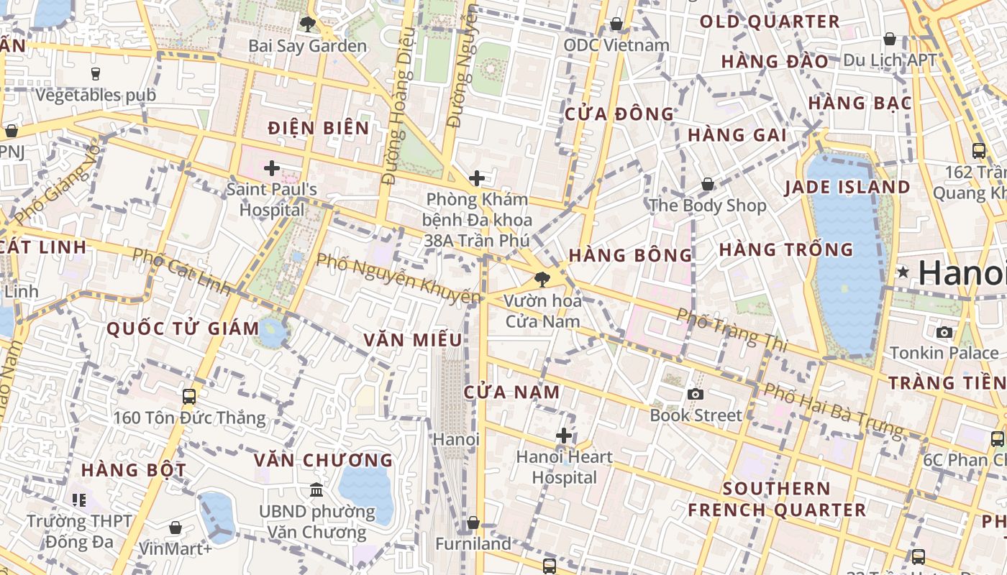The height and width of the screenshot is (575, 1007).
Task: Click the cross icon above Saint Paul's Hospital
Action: (x=271, y=169)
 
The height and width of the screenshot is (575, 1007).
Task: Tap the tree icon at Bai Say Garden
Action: (x=307, y=24)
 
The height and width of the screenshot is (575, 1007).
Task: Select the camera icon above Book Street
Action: (x=695, y=394)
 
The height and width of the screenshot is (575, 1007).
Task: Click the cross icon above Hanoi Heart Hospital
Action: (x=564, y=436)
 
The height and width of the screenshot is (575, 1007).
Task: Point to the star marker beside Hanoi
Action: (x=903, y=272)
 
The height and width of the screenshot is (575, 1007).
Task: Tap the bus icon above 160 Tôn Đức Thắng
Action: (x=189, y=396)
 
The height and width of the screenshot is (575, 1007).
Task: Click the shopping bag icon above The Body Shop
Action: (x=708, y=185)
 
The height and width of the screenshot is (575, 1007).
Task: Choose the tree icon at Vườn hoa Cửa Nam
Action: (x=542, y=279)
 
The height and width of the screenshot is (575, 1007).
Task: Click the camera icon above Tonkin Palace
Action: (x=944, y=332)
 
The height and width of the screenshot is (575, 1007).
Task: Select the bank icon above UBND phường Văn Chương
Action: (x=316, y=491)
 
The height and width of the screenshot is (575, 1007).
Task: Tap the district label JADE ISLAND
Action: (x=847, y=188)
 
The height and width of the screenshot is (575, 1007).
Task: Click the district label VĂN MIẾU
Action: (x=412, y=340)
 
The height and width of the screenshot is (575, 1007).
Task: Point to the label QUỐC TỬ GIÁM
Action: (x=183, y=329)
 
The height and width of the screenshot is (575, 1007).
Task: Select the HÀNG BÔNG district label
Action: (x=631, y=255)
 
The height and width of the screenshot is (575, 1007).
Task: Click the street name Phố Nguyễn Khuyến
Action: (x=398, y=278)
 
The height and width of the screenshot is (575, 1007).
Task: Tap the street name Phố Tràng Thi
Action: (x=732, y=330)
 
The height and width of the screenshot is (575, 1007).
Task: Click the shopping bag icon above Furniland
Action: (x=473, y=523)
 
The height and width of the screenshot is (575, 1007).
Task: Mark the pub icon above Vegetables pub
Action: (x=96, y=73)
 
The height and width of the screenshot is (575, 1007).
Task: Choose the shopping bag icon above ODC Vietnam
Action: (x=616, y=24)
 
